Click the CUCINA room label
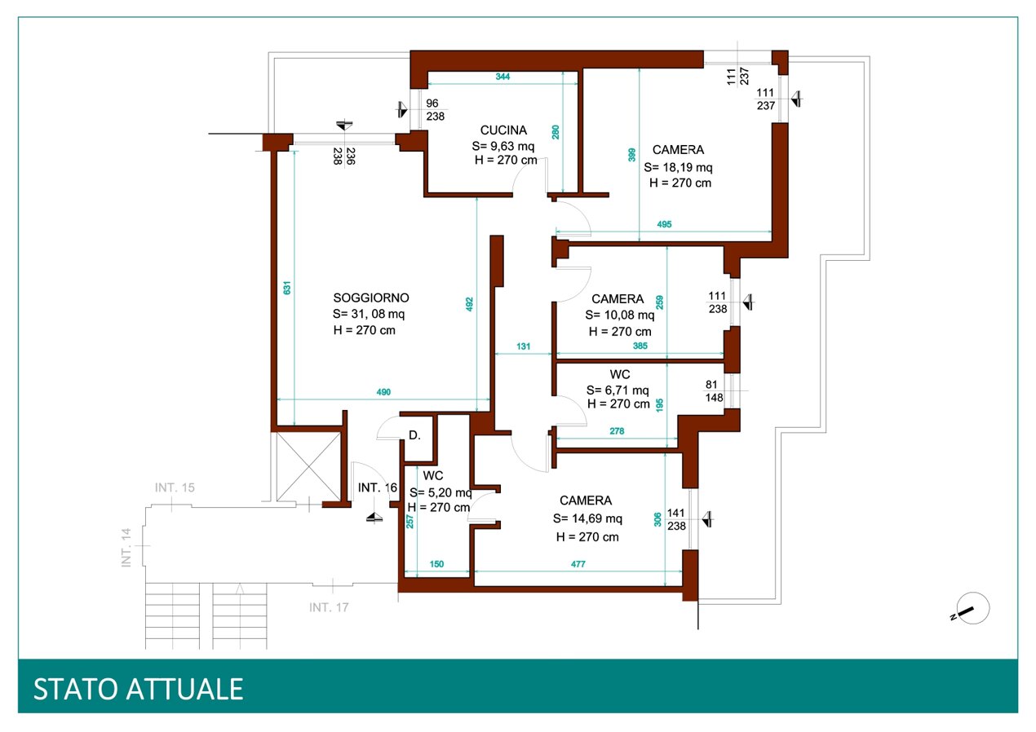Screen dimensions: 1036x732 click(x=503, y=130)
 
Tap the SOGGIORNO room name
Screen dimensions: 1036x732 click(x=371, y=298)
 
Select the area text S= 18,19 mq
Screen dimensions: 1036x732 click(x=678, y=167)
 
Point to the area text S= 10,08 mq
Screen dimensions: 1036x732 click(x=620, y=315)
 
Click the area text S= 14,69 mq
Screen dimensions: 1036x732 click(x=587, y=518)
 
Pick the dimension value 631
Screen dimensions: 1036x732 click(x=287, y=288)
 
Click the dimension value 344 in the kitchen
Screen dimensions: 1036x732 click(x=503, y=77)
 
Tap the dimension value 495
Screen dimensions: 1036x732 click(x=664, y=225)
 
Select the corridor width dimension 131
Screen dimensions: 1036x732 click(x=523, y=346)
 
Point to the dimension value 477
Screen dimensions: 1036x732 click(x=578, y=564)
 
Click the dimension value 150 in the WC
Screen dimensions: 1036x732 click(x=436, y=564)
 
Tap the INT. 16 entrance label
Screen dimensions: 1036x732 click(x=378, y=487)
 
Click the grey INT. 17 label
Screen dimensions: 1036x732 click(x=329, y=607)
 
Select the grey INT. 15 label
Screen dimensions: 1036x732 click(x=175, y=487)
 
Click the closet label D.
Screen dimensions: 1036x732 click(x=415, y=435)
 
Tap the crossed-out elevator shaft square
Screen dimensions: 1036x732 click(x=308, y=467)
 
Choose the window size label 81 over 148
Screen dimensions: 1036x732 click(x=714, y=391)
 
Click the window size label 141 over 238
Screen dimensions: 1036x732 click(x=676, y=519)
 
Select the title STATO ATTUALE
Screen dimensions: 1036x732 click(x=139, y=690)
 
